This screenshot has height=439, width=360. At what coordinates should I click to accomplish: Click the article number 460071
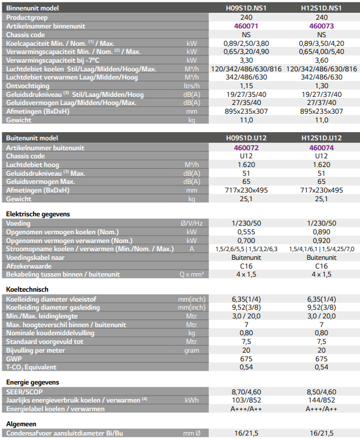click(x=246, y=26)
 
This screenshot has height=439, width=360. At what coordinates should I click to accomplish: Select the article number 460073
click(x=322, y=26)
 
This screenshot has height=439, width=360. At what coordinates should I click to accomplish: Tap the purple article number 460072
click(x=246, y=147)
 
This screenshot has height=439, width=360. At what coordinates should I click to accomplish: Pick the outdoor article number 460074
click(x=322, y=147)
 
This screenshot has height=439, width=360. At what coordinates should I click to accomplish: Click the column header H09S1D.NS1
click(x=246, y=9)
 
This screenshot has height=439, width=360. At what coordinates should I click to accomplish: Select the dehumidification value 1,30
click(x=322, y=86)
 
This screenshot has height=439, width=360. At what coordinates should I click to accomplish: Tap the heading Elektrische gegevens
click(x=38, y=214)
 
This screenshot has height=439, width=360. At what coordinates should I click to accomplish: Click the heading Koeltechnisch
click(x=27, y=289)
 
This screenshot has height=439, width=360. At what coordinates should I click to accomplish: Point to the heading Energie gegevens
click(x=32, y=382)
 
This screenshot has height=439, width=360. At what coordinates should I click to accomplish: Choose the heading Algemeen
click(x=21, y=423)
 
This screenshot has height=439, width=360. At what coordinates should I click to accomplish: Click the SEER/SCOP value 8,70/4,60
click(x=246, y=391)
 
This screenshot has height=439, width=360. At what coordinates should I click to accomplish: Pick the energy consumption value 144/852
click(x=322, y=400)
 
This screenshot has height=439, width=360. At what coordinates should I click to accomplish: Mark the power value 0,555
click(x=246, y=232)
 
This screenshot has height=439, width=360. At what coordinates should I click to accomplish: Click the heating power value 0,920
click(x=322, y=240)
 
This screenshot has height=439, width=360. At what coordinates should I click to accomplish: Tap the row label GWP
click(x=14, y=359)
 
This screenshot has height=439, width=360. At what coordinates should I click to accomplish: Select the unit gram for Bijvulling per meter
click(x=192, y=350)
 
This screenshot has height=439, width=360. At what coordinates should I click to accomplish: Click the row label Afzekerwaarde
click(x=28, y=266)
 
